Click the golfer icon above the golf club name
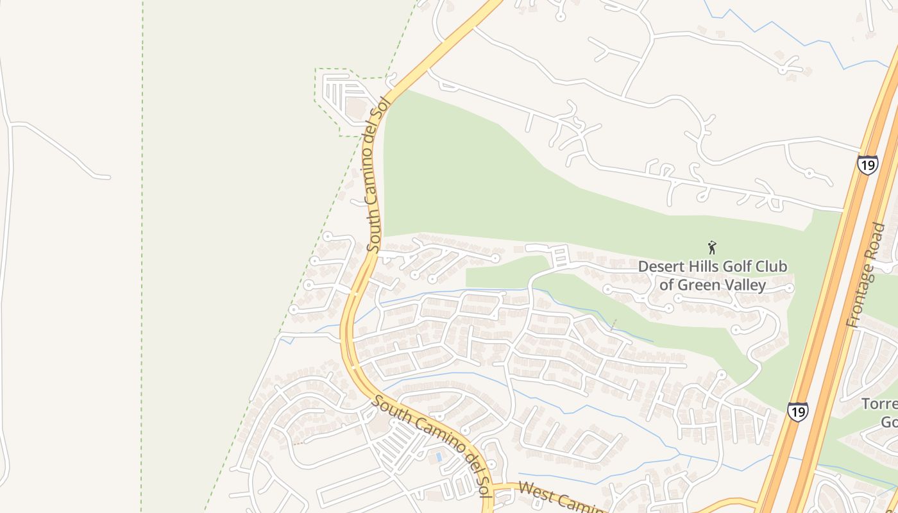pos(711,247)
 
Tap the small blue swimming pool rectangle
pos(438,457)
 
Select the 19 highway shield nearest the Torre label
pos(797,411)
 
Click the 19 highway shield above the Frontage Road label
pos(867,165)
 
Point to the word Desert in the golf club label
pos(659,267)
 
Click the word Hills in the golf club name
pos(704,267)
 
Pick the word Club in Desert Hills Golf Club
pos(772,267)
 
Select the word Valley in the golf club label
pos(745,285)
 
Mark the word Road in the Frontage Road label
pos(877,239)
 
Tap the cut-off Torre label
pos(879,405)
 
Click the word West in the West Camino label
pos(535,492)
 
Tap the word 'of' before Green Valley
pos(667,285)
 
